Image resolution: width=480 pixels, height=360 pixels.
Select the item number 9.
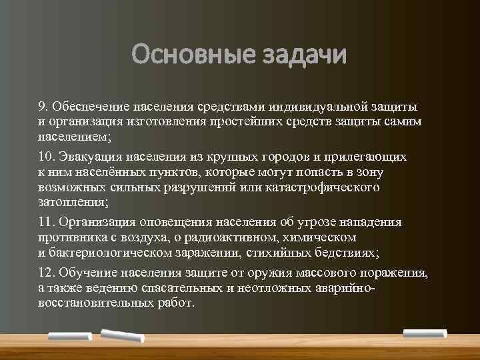42,106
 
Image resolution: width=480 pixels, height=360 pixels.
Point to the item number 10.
45,156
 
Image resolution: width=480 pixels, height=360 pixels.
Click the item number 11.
45,222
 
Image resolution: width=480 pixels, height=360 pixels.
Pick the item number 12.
45,272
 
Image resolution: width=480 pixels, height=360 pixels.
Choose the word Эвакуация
87,156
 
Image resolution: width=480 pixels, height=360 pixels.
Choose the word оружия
257,272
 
